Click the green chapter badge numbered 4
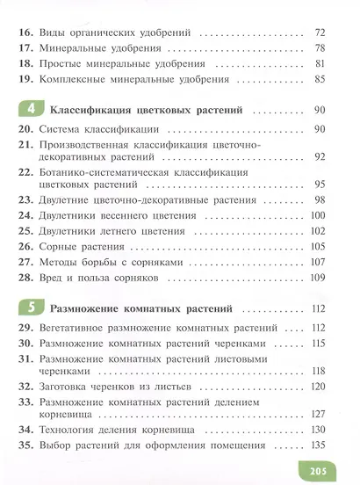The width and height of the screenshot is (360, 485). pyautogui.click(x=30, y=111)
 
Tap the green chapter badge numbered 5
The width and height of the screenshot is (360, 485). pyautogui.click(x=30, y=308)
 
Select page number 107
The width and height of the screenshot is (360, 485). pyautogui.click(x=318, y=263)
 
